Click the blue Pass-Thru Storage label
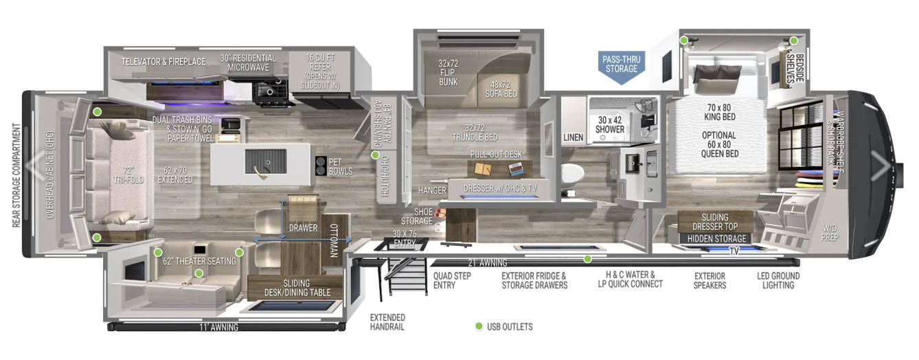pyautogui.click(x=621, y=67)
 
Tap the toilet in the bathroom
pyautogui.click(x=572, y=174)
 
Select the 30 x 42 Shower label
pyautogui.click(x=610, y=124)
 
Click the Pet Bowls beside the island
pyautogui.click(x=321, y=166)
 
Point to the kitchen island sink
pyautogui.click(x=265, y=161)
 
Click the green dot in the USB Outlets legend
pyautogui.click(x=478, y=326)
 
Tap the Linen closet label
pyautogui.click(x=573, y=137)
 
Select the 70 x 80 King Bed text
pyautogui.click(x=720, y=112)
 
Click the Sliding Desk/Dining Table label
pyautogui.click(x=297, y=288)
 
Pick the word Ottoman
pyautogui.click(x=334, y=240)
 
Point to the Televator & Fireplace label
pyautogui.click(x=163, y=62)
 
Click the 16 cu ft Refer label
pyautogui.click(x=320, y=71)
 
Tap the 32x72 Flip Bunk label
pyautogui.click(x=448, y=73)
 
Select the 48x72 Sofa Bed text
pyautogui.click(x=501, y=89)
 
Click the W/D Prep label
pyautogui.click(x=830, y=232)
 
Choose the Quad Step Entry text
pyautogui.click(x=452, y=280)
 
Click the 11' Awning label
pyautogui.click(x=218, y=327)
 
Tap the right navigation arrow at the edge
pyautogui.click(x=880, y=166)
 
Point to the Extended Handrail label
pyautogui.click(x=387, y=322)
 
